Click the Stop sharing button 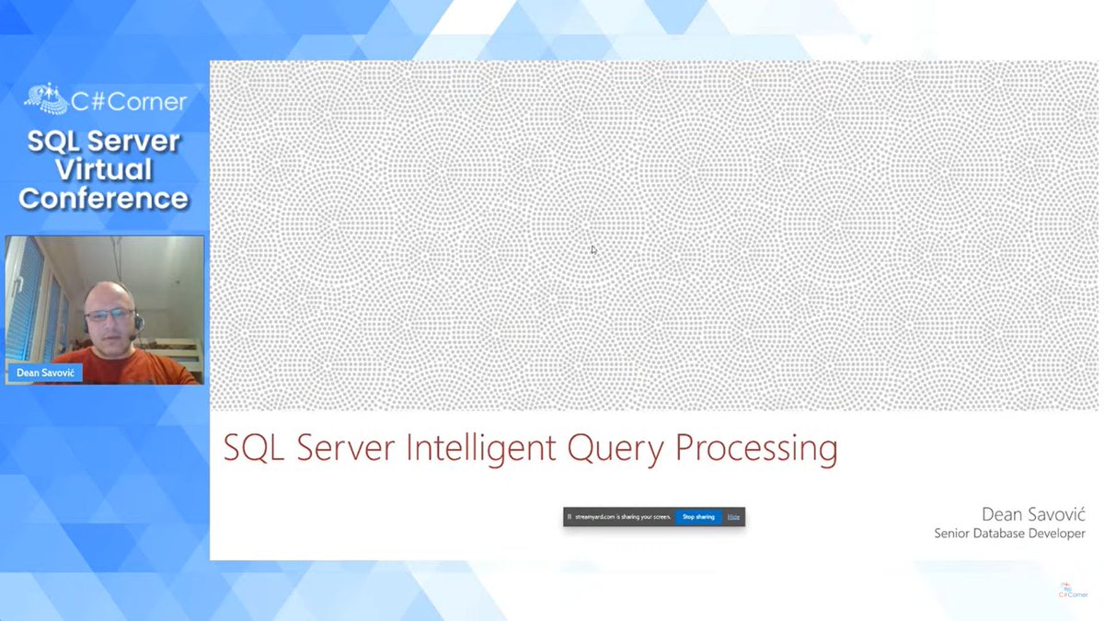pos(698,517)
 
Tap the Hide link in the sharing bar pos(733,517)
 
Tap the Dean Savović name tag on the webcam pos(44,374)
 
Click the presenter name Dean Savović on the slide pos(1033,514)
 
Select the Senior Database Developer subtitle pos(1009,534)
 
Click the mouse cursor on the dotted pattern pos(593,249)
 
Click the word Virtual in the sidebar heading pos(103,170)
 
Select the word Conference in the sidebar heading pos(103,198)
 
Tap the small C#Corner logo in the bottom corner pos(1072,590)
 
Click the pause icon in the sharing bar pos(570,517)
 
